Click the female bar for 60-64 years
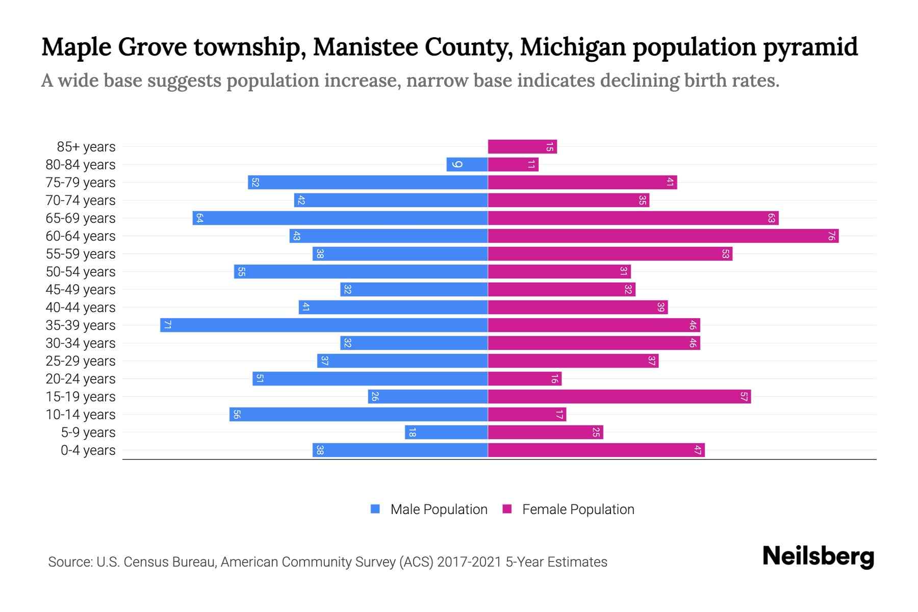pos(663,236)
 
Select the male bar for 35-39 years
pos(324,325)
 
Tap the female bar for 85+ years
pos(522,147)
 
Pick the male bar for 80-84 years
pos(467,165)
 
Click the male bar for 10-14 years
pos(359,415)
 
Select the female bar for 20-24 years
pos(525,379)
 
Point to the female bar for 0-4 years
pos(596,450)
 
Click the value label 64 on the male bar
pos(199,218)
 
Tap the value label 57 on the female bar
pos(744,397)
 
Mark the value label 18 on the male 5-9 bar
pos(412,432)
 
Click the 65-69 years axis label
pos(81,218)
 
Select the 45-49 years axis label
pos(81,290)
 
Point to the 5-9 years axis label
pos(88,432)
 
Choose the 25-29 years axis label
pos(81,361)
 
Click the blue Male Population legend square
pos(375,509)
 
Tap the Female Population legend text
pos(578,509)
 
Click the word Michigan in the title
pos(573,47)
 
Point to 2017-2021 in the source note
pos(469,562)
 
